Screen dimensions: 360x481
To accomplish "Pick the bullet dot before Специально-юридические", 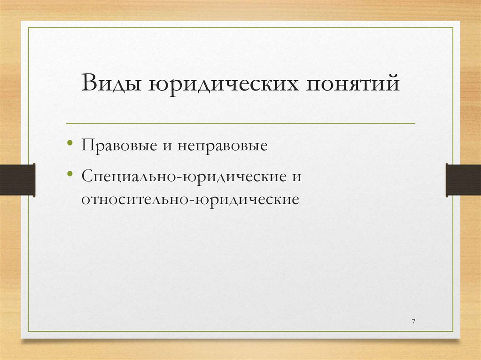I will pyautogui.click(x=70, y=175).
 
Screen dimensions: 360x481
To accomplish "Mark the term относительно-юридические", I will pyautogui.click(x=190, y=199).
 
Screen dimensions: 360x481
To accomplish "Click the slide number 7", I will pyautogui.click(x=413, y=321).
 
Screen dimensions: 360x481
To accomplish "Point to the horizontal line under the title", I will pyautogui.click(x=240, y=123).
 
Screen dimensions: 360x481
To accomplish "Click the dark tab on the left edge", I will pyautogui.click(x=17, y=179).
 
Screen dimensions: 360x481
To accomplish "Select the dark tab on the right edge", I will pyautogui.click(x=463, y=179).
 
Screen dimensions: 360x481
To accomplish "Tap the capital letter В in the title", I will pyautogui.click(x=89, y=85).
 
